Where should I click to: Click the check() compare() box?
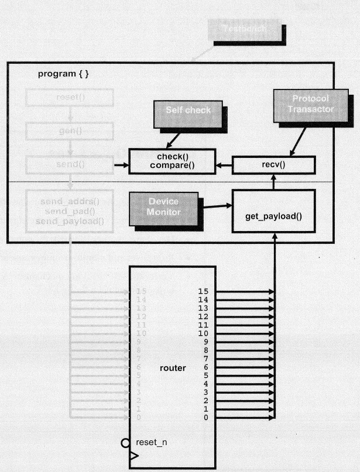click(172, 161)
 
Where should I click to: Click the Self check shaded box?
click(187, 111)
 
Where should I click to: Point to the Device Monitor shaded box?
click(163, 206)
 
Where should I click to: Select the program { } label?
click(64, 74)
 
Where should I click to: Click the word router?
click(173, 368)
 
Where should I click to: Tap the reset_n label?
click(152, 442)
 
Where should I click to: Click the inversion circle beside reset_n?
click(125, 443)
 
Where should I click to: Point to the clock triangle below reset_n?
click(134, 455)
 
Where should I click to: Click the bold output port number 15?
click(203, 291)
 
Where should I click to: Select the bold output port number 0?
click(205, 418)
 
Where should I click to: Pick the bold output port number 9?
click(205, 342)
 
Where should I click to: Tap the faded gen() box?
click(70, 132)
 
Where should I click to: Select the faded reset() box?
click(70, 97)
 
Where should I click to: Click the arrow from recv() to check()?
click(224, 166)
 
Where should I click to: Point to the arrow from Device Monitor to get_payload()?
click(216, 205)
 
